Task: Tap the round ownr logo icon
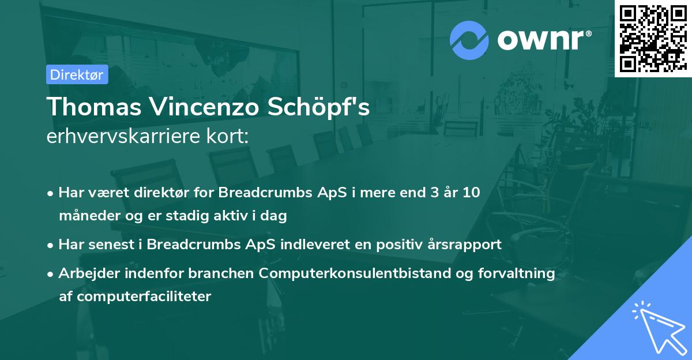(469, 40)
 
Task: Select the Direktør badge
(77, 74)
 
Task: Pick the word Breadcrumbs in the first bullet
(258, 193)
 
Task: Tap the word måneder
(85, 216)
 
